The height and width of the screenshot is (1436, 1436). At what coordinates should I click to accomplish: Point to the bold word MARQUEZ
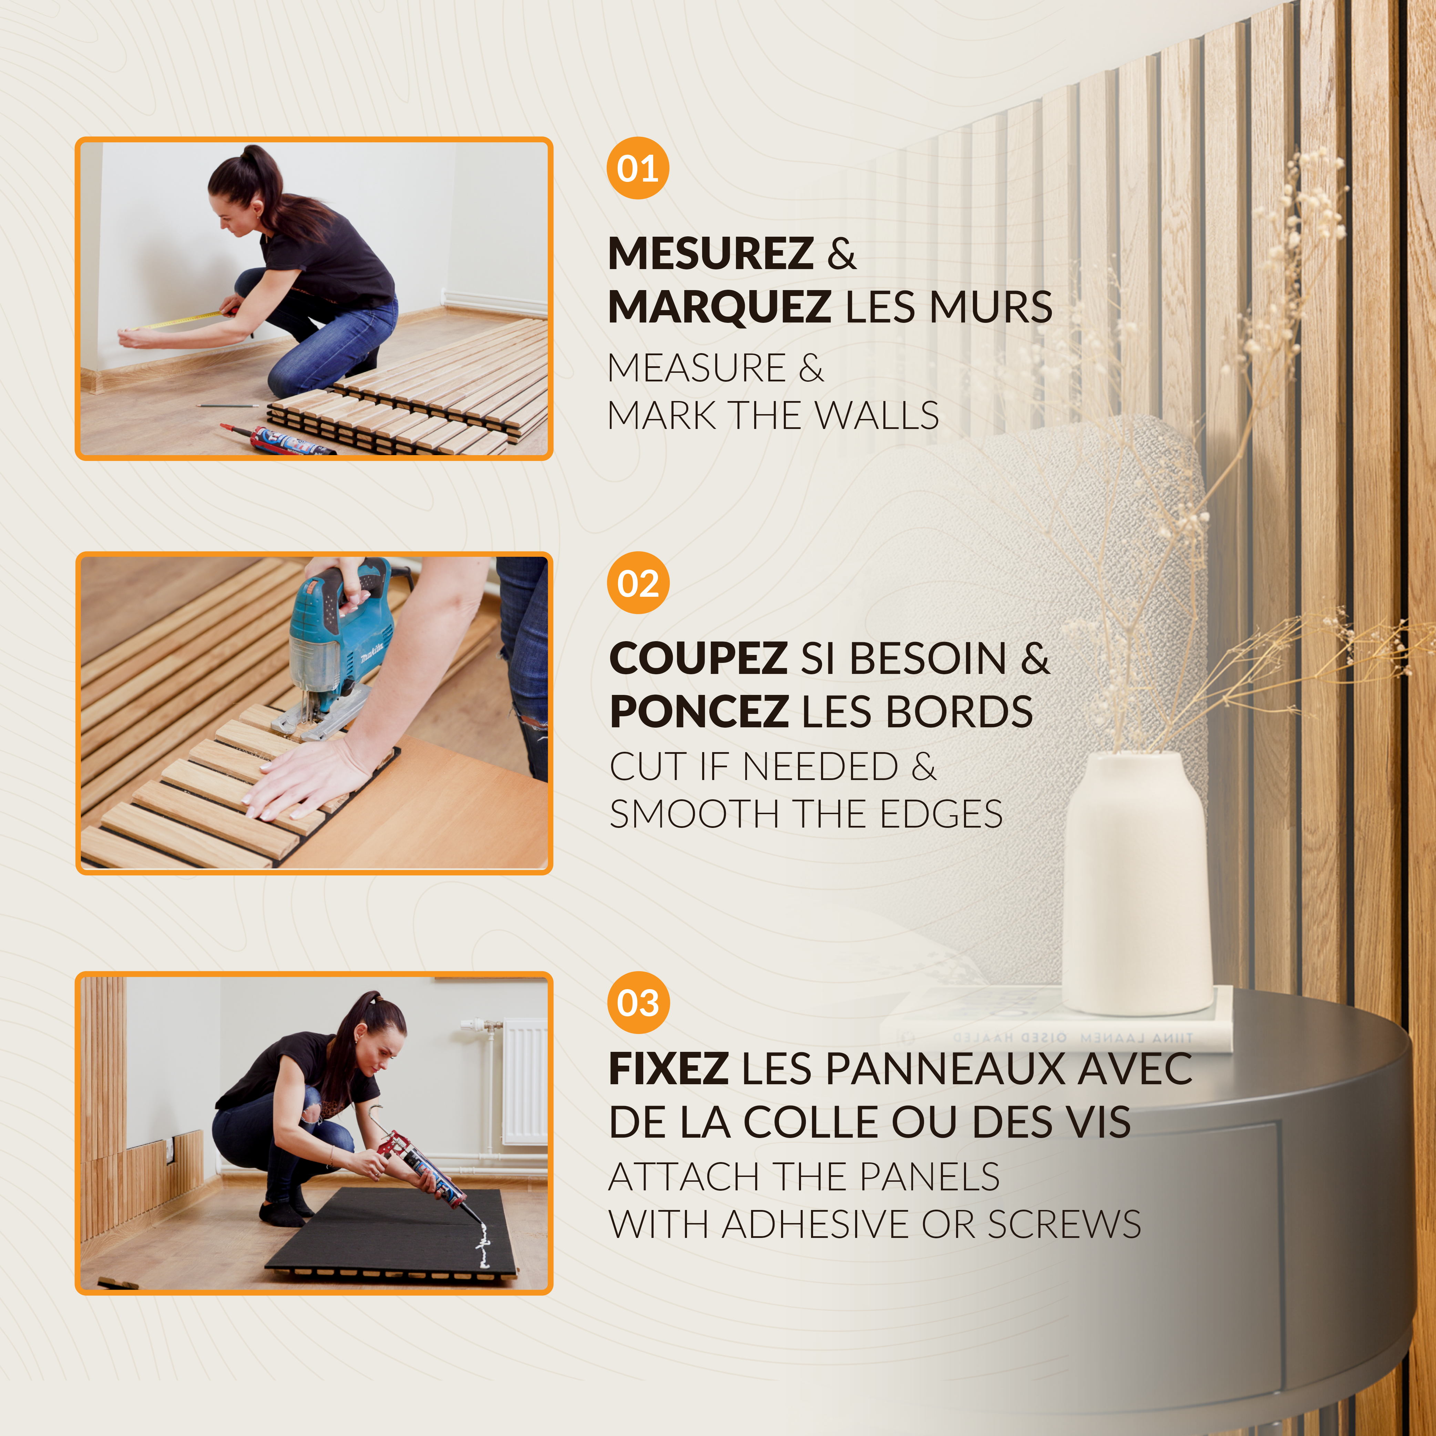click(719, 307)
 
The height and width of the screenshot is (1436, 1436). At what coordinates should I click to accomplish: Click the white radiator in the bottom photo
click(524, 1081)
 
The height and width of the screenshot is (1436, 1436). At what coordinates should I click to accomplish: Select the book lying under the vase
click(1055, 1029)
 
